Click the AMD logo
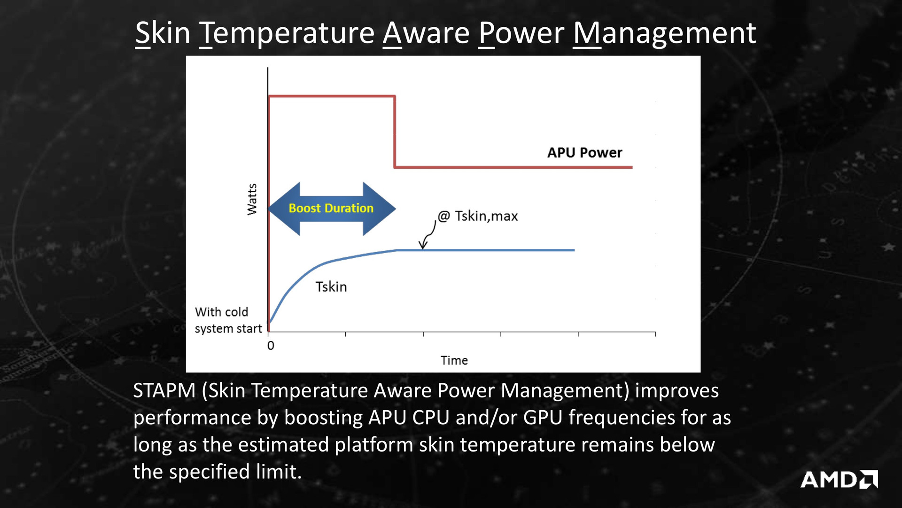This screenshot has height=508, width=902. click(839, 479)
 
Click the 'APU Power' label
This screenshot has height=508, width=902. click(584, 152)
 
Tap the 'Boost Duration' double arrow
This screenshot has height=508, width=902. click(332, 208)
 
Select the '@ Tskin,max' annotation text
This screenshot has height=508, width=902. click(478, 216)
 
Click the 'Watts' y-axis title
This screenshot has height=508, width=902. click(252, 199)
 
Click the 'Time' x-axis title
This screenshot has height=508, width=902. click(454, 360)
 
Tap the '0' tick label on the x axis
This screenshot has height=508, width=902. click(271, 346)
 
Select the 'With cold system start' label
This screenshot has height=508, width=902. click(228, 320)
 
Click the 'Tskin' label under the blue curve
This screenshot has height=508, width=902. click(331, 286)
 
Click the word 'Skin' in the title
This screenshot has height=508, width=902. click(163, 33)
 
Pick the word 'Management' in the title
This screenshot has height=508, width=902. click(664, 33)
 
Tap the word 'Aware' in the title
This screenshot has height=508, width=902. click(426, 33)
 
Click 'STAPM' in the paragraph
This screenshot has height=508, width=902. click(164, 391)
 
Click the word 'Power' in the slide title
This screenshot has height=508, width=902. click(521, 33)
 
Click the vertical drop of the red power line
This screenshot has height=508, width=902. click(395, 132)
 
